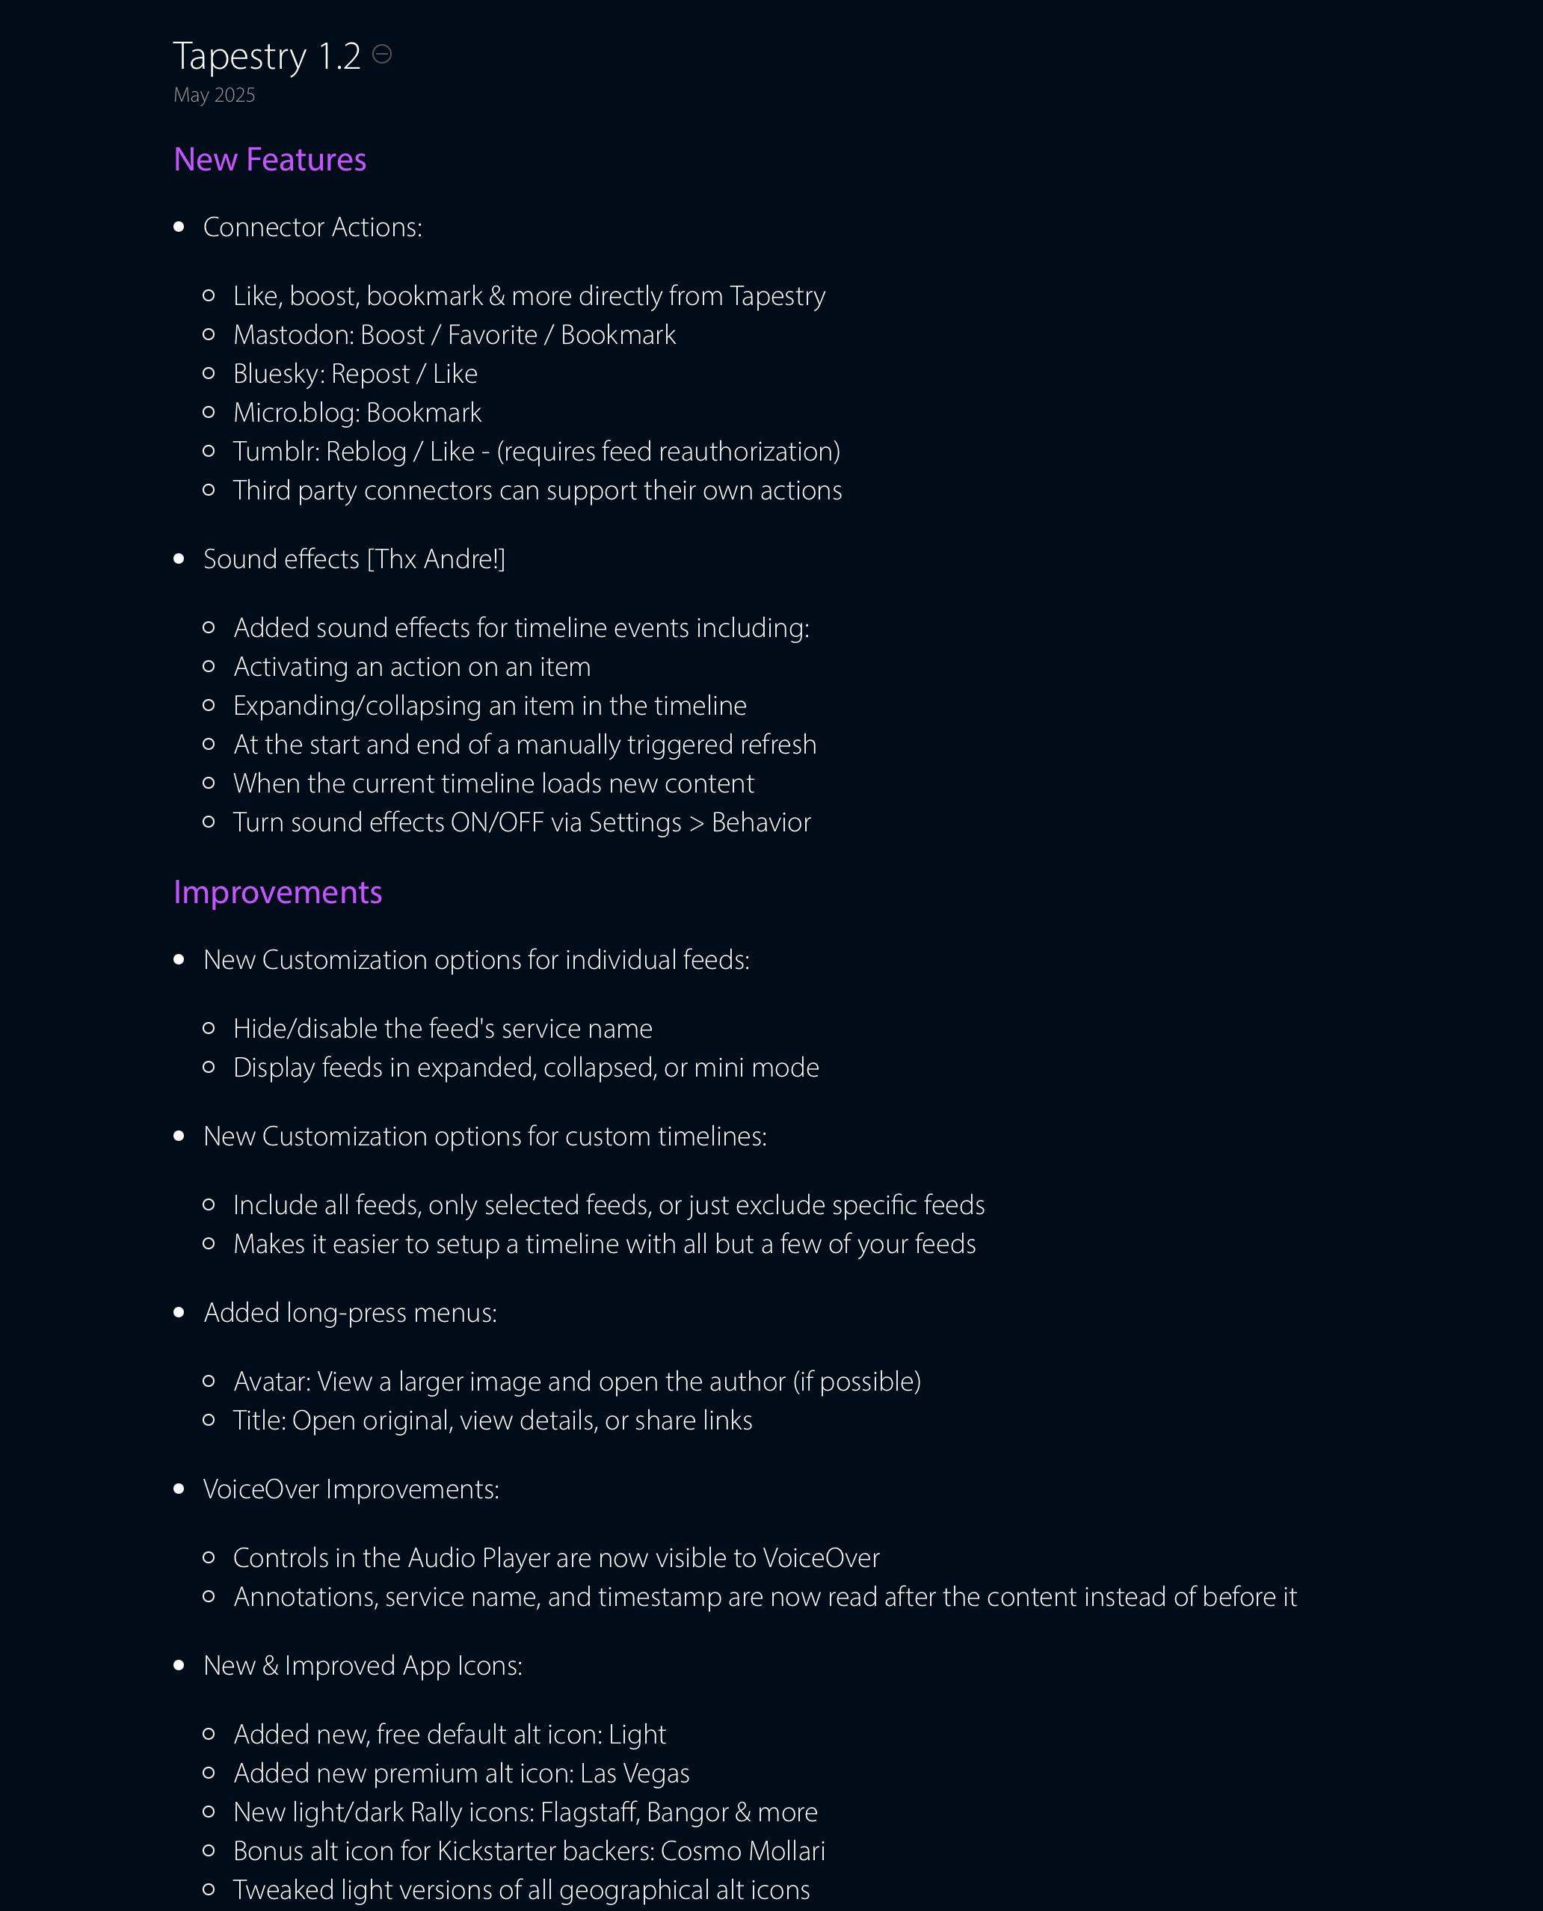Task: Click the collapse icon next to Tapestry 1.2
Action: click(x=381, y=55)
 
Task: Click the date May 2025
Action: click(x=215, y=95)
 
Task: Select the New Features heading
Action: click(x=269, y=160)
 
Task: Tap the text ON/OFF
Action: click(x=497, y=822)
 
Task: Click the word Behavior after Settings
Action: click(x=761, y=822)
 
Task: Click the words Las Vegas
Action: click(x=635, y=1773)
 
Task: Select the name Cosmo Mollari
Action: click(x=742, y=1851)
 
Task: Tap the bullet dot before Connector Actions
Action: click(x=179, y=227)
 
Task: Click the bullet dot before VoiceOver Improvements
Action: click(x=179, y=1489)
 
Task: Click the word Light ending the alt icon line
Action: click(x=636, y=1734)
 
